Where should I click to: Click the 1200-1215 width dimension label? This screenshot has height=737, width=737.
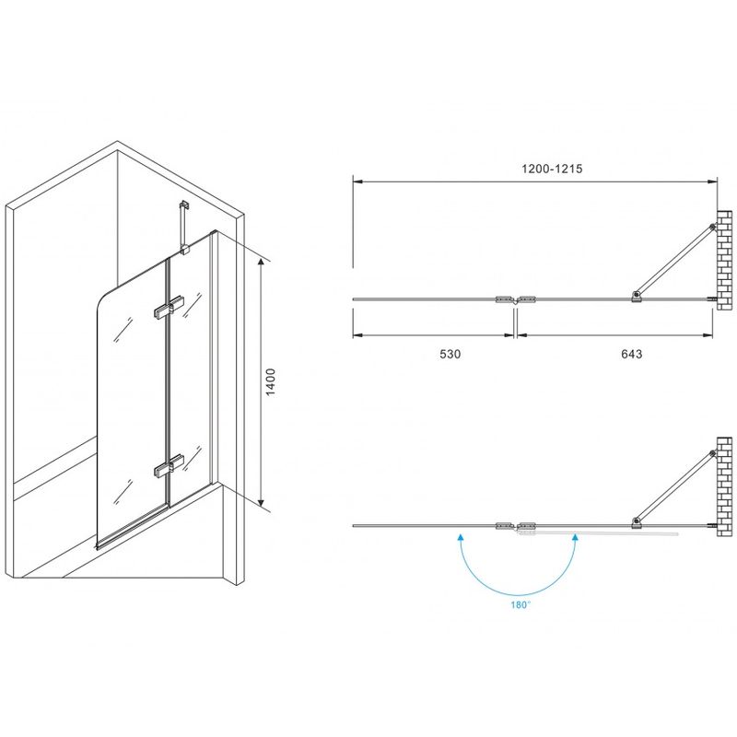pos(552,169)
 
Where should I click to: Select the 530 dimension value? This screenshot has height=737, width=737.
pos(450,354)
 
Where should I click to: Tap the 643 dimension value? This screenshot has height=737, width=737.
pos(632,354)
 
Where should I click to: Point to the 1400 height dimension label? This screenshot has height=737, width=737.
pos(271,382)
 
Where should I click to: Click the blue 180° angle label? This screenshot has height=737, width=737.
pos(521,605)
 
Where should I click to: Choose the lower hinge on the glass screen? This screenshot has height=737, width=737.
pos(169,464)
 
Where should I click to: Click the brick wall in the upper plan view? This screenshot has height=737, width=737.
pos(725,260)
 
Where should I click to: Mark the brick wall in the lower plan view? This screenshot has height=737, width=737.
pos(725,487)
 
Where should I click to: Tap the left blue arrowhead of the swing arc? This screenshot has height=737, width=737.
pos(462,538)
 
